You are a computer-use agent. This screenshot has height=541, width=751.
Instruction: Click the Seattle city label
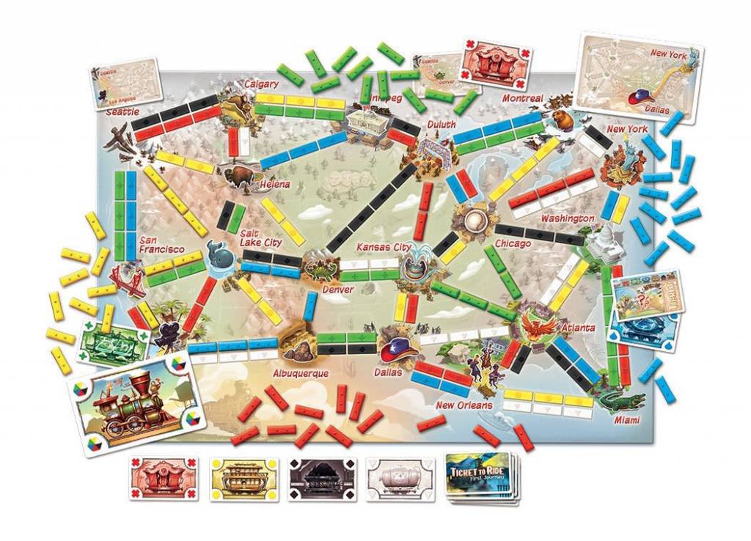pos(122,112)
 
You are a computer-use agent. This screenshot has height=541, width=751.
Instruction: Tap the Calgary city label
pos(261,84)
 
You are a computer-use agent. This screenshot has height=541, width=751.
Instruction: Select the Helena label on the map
pos(275,184)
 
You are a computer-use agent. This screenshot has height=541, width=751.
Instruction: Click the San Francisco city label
pos(158,245)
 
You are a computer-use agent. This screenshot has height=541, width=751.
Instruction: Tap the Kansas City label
pos(384,247)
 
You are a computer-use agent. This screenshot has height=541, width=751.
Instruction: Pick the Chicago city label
pos(513,243)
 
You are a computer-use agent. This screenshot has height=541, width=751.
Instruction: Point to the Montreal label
pos(522,98)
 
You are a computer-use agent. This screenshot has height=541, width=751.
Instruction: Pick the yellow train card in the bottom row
pos(244,478)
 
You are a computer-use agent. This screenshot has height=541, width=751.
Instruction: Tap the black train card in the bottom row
pos(323,478)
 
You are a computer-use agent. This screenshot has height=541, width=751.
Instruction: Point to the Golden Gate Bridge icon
pos(127,279)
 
